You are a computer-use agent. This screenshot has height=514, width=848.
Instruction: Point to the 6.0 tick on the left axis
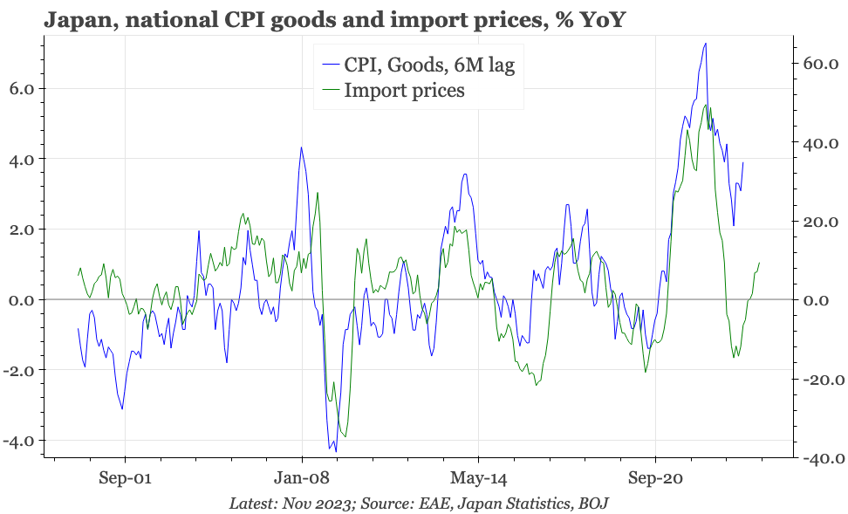(x=22, y=89)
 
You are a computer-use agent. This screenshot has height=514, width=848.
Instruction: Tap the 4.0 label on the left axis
(x=22, y=160)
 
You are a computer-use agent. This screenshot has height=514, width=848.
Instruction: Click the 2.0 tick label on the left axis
(x=22, y=230)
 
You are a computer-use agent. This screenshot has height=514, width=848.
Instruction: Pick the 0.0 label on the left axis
(x=22, y=300)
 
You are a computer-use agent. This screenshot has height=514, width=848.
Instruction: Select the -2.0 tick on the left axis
(x=19, y=371)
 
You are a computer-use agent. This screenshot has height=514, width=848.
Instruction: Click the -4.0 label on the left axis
(x=19, y=441)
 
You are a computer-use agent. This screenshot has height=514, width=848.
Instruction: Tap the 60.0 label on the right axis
(x=820, y=65)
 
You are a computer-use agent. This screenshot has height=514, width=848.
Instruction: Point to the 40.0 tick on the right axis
(x=820, y=143)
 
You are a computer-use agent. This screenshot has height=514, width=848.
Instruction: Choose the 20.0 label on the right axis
(x=820, y=222)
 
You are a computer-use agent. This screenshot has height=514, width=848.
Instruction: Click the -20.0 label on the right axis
(x=817, y=380)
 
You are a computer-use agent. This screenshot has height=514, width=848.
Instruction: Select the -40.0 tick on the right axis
(x=817, y=458)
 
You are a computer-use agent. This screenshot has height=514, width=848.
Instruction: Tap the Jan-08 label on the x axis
(x=302, y=478)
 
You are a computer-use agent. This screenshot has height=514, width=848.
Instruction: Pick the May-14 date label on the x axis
(x=478, y=478)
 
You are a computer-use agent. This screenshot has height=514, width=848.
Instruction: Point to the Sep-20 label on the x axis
(x=655, y=478)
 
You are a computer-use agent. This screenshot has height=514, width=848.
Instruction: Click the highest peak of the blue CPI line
(x=705, y=44)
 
